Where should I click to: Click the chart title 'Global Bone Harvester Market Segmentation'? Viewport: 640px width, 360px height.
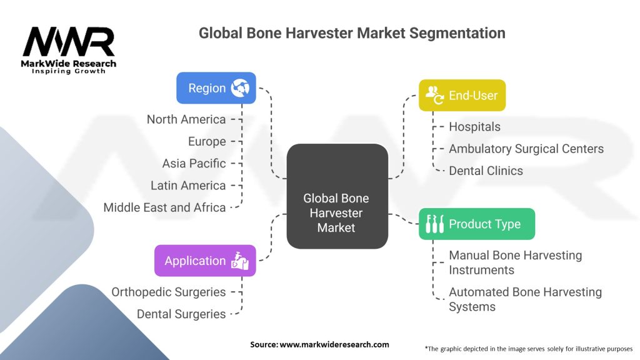click(x=352, y=33)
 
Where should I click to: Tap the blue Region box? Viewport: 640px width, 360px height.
click(x=216, y=88)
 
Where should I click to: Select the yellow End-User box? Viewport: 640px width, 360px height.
click(x=462, y=96)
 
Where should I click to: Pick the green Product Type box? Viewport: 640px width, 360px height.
click(x=476, y=224)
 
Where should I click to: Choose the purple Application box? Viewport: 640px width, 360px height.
click(x=205, y=261)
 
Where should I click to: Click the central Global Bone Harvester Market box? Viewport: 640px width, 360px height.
click(x=336, y=213)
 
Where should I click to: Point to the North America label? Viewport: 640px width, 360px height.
click(x=186, y=119)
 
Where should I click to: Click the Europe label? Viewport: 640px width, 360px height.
click(x=207, y=141)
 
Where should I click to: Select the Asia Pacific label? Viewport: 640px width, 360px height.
click(x=194, y=163)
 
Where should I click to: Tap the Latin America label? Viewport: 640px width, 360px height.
click(x=188, y=185)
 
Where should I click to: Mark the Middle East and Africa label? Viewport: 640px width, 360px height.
click(x=164, y=207)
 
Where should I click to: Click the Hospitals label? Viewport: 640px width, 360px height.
click(x=474, y=126)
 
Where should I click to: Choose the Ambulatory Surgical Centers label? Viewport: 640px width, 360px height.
click(x=526, y=148)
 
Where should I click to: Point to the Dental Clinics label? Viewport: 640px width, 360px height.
click(x=486, y=170)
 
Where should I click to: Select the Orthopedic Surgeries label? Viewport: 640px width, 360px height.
click(x=168, y=292)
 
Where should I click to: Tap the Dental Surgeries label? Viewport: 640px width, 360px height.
click(x=181, y=314)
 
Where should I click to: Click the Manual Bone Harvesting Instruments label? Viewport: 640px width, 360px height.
click(x=515, y=262)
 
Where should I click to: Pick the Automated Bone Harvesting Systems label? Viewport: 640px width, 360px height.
click(x=525, y=299)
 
